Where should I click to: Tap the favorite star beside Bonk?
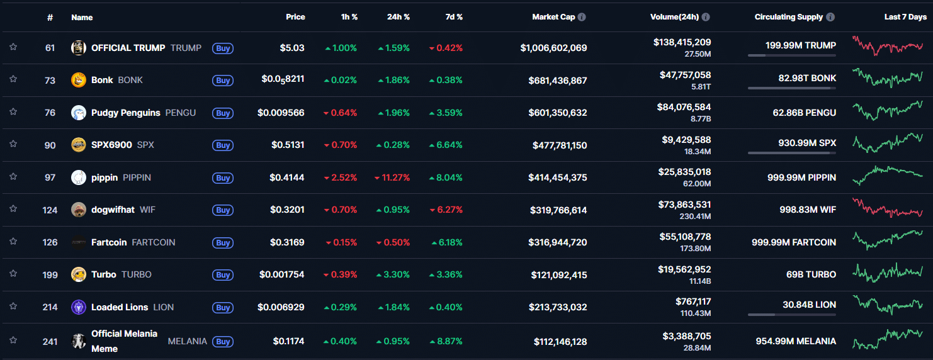13,79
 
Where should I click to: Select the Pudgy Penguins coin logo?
79,113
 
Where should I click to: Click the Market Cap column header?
553,17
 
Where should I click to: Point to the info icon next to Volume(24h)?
706,17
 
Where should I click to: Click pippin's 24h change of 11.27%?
392,177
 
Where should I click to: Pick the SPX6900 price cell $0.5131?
288,145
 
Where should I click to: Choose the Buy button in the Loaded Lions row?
223,308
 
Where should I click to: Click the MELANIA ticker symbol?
187,341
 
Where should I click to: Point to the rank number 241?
50,342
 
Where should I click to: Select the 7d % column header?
453,17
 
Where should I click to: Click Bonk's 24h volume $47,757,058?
684,75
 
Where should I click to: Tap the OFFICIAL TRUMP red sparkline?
888,46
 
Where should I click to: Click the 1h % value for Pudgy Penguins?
340,113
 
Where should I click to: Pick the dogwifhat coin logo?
79,210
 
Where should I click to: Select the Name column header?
82,17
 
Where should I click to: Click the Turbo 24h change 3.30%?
393,274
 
